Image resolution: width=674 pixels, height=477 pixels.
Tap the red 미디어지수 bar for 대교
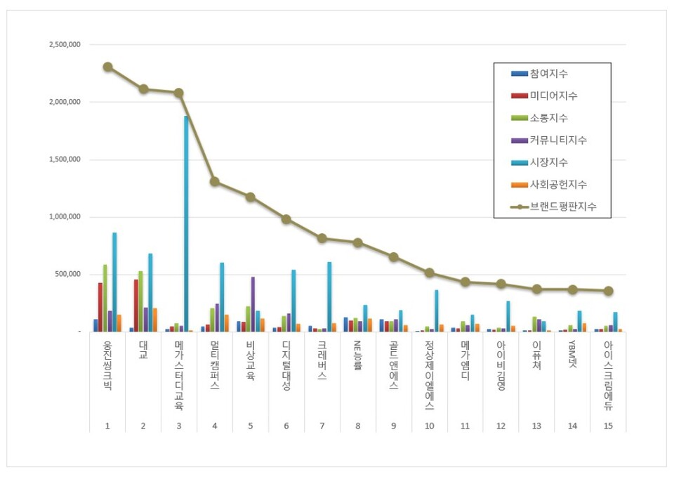[x=136, y=306]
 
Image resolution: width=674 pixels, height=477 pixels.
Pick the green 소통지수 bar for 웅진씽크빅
[x=105, y=298]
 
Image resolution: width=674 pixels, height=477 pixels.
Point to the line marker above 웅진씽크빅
[x=107, y=67]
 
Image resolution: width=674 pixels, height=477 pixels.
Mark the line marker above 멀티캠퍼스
[x=215, y=181]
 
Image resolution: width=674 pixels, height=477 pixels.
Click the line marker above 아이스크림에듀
[x=609, y=290]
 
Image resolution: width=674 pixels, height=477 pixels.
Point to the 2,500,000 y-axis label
[x=65, y=44]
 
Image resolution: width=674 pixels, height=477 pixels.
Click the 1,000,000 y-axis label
[x=65, y=217]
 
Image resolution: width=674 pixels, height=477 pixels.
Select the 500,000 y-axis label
[x=69, y=274]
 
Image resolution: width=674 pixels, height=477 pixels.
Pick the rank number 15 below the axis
[x=608, y=426]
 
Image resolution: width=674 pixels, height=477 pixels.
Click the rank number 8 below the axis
[x=357, y=426]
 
